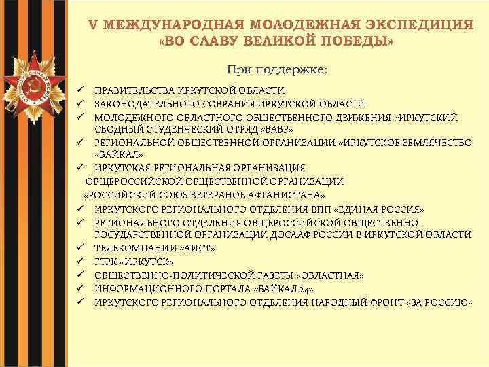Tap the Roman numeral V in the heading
(93, 24)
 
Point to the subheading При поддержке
(276, 69)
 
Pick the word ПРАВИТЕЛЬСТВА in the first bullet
(132, 90)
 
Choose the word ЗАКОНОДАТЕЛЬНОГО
(141, 104)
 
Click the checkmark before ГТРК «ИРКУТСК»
(79, 262)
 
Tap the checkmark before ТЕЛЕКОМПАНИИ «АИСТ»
(79, 248)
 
